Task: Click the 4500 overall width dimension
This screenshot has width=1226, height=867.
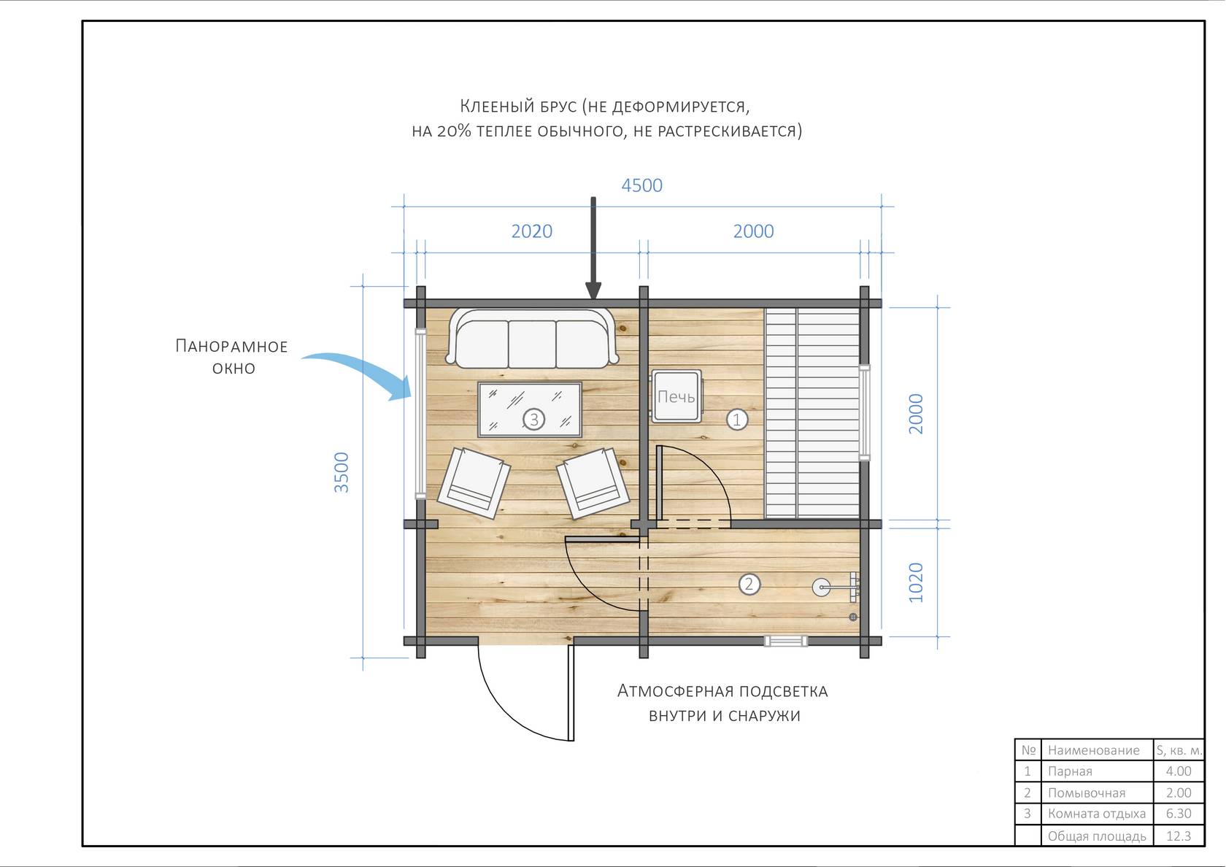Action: point(641,185)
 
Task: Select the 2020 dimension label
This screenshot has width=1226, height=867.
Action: point(531,231)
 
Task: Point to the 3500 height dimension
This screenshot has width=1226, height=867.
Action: point(341,471)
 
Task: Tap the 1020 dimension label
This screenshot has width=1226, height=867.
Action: point(916,582)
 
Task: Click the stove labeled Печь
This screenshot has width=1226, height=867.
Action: point(676,396)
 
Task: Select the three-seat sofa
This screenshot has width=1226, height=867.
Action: point(532,339)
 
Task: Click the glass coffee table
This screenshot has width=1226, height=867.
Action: point(530,409)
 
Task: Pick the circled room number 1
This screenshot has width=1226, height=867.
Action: point(737,420)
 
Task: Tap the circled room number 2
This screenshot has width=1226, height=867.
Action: point(749,584)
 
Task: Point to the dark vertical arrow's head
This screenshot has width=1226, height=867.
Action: point(593,291)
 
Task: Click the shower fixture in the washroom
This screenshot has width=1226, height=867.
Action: point(835,587)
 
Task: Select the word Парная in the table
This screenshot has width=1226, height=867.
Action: point(1070,771)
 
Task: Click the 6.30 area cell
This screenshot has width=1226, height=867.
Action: point(1179,813)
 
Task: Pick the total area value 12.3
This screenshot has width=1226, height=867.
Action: point(1179,836)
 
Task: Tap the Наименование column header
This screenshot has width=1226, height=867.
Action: point(1093,750)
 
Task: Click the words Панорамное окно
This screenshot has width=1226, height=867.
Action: point(231,357)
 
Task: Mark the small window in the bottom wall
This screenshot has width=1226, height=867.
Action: point(785,641)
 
